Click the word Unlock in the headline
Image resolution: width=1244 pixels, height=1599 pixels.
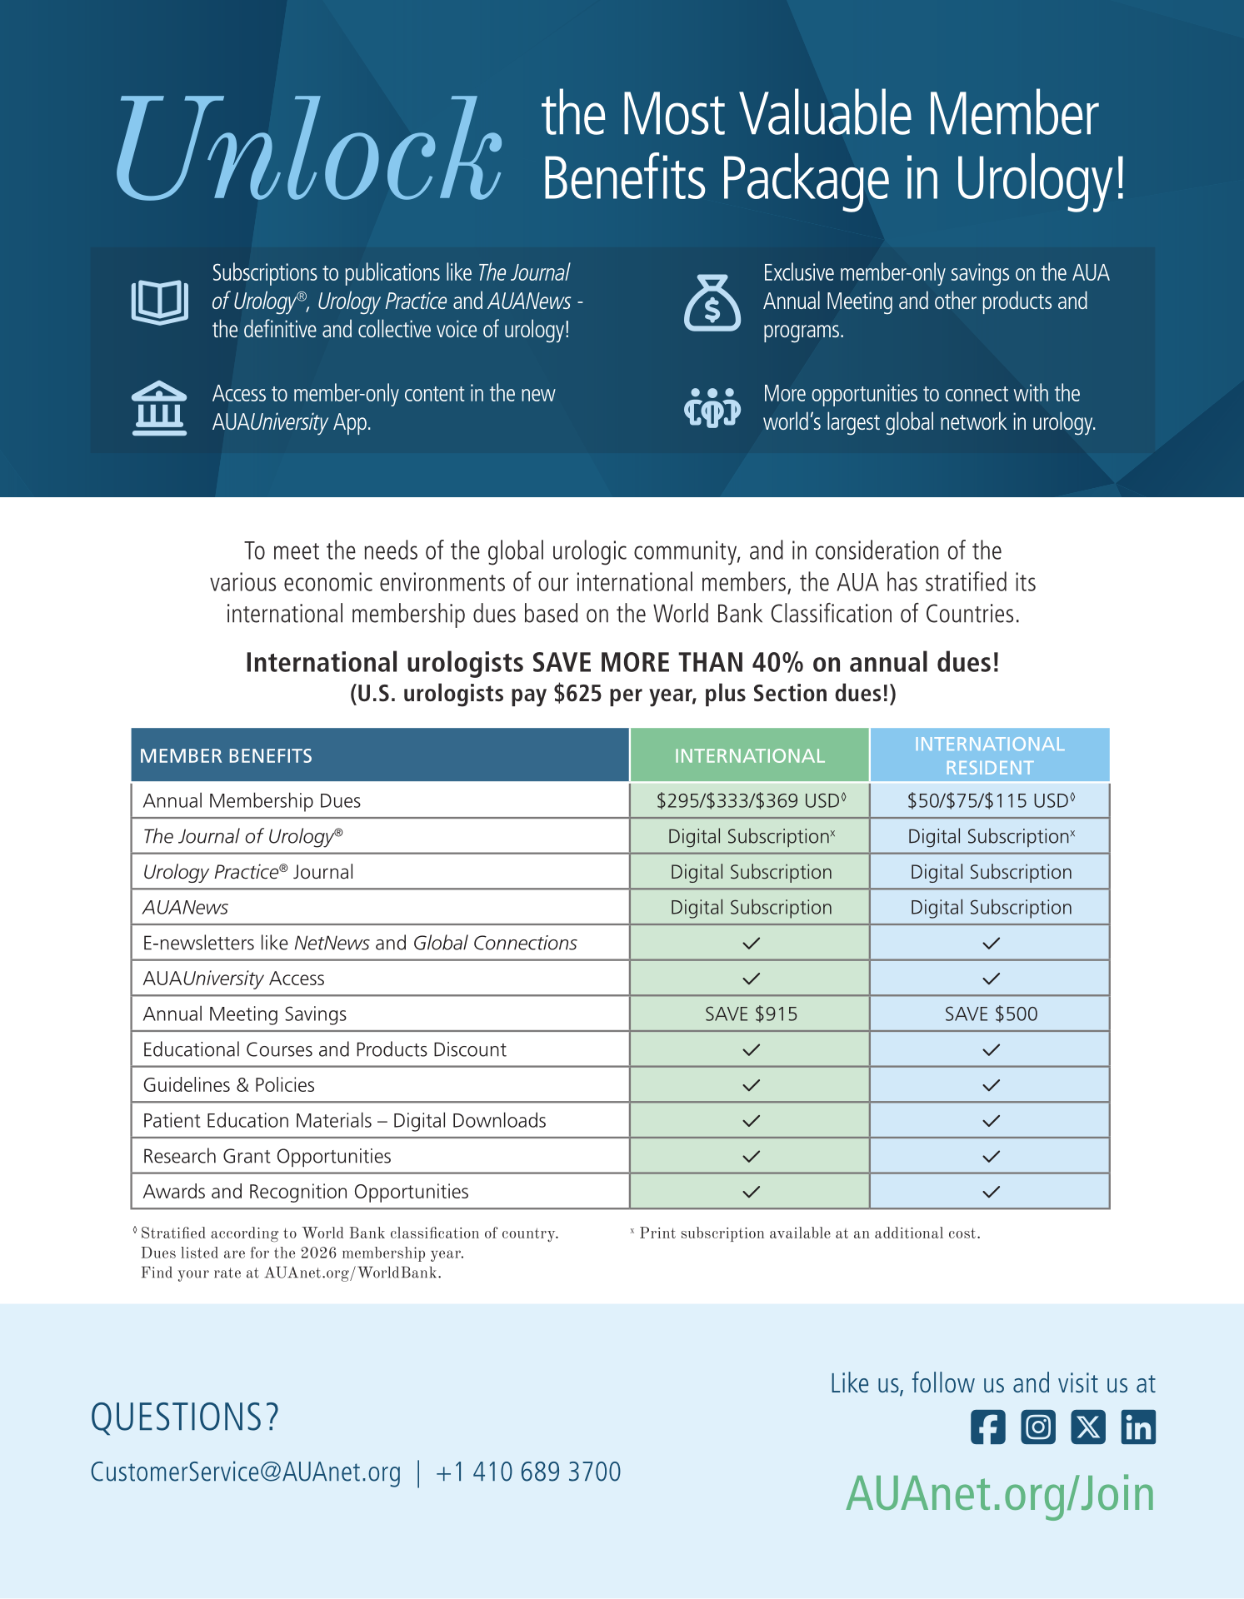[x=308, y=150]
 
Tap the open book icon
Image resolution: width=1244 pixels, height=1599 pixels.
[x=159, y=301]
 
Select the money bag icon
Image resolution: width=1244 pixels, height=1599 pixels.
[x=712, y=303]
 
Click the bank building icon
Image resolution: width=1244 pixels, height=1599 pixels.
[x=159, y=408]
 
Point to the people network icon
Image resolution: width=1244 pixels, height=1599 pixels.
[x=712, y=407]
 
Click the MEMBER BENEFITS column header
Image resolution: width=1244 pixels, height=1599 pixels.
[x=226, y=755]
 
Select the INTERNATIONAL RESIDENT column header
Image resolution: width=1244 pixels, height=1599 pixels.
[x=989, y=755]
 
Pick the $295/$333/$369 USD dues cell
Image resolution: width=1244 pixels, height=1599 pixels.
[x=750, y=800]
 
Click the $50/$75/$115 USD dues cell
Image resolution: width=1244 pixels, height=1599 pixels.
[x=990, y=800]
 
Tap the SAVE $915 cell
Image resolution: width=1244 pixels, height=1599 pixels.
[x=751, y=1014]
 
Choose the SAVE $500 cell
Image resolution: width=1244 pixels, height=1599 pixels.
[x=991, y=1014]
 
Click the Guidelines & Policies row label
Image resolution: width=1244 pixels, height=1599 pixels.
[x=229, y=1085]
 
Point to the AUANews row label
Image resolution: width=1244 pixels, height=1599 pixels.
[x=186, y=907]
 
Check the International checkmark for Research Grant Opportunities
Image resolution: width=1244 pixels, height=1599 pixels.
[x=751, y=1156]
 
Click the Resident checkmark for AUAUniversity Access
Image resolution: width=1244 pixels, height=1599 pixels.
[x=991, y=979]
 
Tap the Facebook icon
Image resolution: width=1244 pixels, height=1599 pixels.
[x=987, y=1427]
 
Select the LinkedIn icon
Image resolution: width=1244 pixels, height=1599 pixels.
[x=1138, y=1427]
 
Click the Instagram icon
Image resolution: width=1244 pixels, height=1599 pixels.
[x=1038, y=1427]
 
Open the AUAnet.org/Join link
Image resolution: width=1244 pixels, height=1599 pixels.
[x=1000, y=1494]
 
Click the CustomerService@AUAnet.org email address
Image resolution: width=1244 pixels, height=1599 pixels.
[x=246, y=1472]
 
